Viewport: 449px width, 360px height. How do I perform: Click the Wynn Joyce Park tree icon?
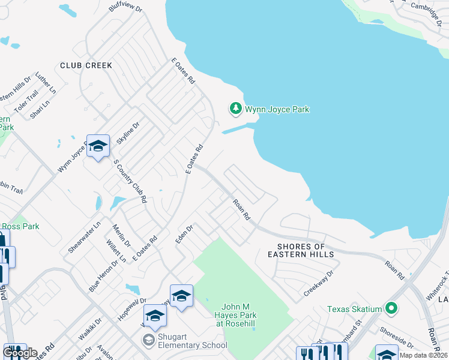click(236, 109)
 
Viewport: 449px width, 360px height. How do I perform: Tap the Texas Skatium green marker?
click(392, 309)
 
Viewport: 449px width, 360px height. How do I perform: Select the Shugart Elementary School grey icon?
click(148, 341)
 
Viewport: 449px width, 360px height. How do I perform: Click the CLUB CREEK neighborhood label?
click(86, 65)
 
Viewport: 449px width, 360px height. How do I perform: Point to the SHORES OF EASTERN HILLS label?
click(301, 250)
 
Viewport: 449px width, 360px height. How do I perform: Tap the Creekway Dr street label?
click(318, 282)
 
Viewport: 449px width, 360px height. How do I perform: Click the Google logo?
click(20, 353)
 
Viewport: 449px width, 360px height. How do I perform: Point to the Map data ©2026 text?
click(424, 355)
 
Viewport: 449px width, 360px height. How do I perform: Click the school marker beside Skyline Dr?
click(98, 146)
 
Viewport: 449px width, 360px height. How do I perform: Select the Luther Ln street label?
click(46, 84)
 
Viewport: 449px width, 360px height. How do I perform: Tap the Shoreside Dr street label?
click(397, 337)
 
